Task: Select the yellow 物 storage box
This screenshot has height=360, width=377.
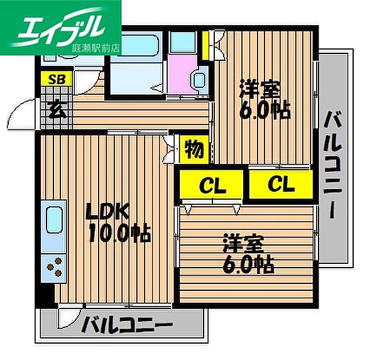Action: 194,150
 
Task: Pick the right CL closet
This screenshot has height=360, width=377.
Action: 280,185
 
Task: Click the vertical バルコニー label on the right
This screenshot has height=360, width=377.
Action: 331,163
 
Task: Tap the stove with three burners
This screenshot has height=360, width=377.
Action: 54,268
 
